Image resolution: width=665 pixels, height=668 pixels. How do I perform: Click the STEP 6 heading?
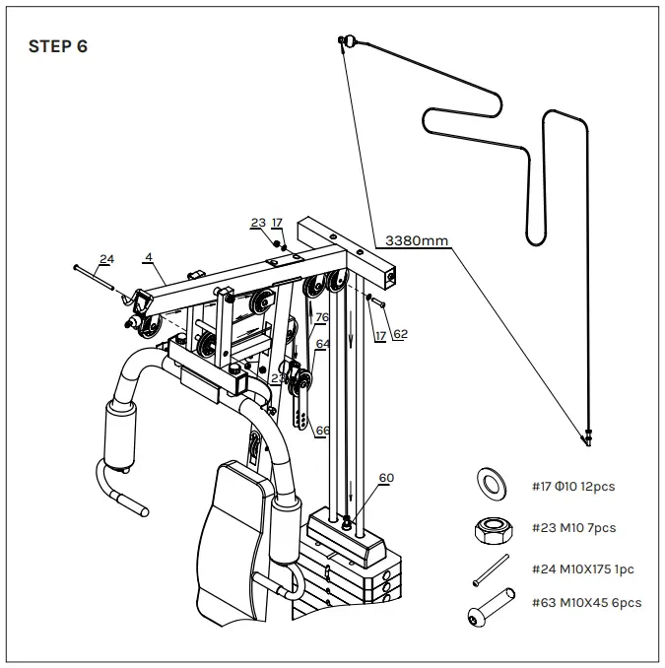[x=58, y=46]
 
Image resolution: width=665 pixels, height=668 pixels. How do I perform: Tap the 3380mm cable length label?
[x=416, y=239]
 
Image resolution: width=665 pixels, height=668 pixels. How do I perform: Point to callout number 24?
[x=106, y=259]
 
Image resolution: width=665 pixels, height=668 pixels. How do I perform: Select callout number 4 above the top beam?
[x=148, y=257]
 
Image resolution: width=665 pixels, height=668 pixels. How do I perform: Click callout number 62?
[x=400, y=334]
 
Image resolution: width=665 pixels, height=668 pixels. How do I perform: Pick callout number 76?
[x=321, y=317]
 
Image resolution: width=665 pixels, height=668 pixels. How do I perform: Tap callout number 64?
[x=322, y=343]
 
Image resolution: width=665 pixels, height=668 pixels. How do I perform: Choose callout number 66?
[x=322, y=430]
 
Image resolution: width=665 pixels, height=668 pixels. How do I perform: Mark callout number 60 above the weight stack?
[x=386, y=477]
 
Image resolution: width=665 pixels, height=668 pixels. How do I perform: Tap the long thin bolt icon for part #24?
[x=491, y=570]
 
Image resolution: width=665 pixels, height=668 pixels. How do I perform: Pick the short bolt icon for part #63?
[x=490, y=604]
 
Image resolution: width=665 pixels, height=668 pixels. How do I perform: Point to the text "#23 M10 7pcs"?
[x=573, y=528]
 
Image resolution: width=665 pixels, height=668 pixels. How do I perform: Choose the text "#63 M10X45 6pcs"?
[x=587, y=602]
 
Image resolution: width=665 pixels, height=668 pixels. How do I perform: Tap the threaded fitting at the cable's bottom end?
[x=588, y=437]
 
